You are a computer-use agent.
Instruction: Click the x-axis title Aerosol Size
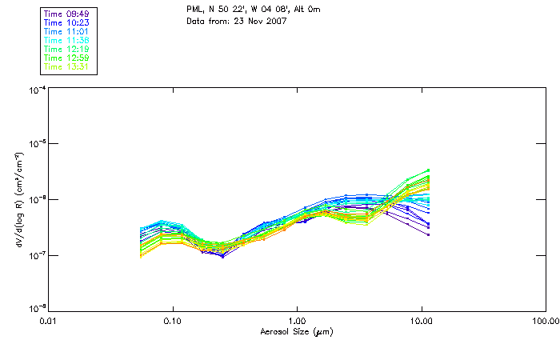(x=296, y=331)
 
